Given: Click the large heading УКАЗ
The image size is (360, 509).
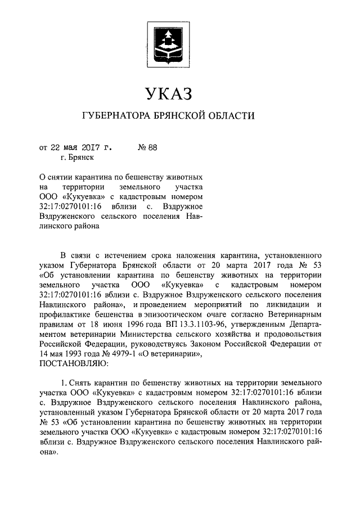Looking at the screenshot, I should coord(169,93).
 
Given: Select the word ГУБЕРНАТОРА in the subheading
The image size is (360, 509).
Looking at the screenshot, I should coord(115,116).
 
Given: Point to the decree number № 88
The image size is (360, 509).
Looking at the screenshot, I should coord(147,148).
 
